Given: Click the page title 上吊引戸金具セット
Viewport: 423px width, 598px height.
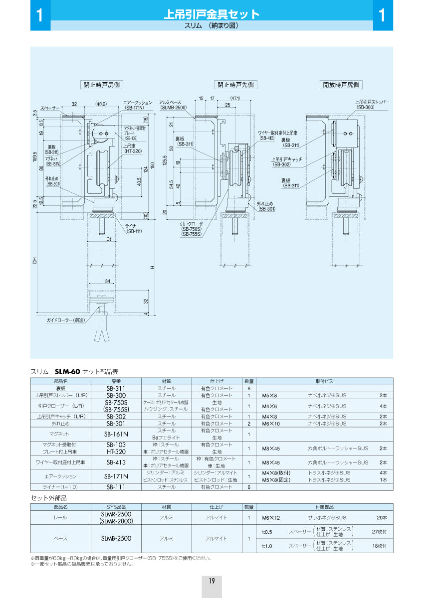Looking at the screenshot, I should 211,14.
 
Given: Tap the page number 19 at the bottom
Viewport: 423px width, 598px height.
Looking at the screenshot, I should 211,580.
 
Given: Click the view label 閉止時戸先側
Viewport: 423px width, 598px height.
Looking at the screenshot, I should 235,85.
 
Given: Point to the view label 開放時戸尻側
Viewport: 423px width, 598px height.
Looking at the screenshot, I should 341,85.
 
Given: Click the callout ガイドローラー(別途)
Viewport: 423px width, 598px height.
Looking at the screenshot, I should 66,319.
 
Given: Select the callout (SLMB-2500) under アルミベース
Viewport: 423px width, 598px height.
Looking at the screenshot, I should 173,107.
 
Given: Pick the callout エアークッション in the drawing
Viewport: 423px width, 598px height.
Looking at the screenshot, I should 139,102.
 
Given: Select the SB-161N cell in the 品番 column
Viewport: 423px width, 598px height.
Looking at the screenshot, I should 117,434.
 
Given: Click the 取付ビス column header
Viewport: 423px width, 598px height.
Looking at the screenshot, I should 324,381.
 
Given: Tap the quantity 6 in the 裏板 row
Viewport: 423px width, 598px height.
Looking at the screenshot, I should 248,388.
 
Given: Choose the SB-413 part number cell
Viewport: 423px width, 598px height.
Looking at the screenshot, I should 117,462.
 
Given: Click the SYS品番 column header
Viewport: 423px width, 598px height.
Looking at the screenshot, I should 117,506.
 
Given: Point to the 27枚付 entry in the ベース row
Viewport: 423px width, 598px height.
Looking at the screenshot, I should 379,531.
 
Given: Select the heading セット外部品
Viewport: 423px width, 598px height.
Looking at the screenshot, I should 49,497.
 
